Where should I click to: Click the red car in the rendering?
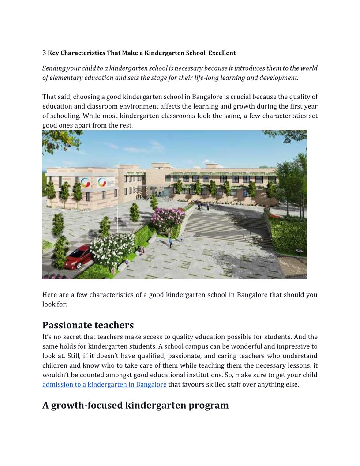78,257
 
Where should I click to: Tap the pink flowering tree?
168,218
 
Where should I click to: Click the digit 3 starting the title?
44,53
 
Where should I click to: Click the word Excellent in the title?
222,53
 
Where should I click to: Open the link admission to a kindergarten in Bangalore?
104,384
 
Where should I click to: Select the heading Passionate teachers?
88,325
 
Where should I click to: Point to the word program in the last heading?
208,405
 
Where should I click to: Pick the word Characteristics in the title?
83,53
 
